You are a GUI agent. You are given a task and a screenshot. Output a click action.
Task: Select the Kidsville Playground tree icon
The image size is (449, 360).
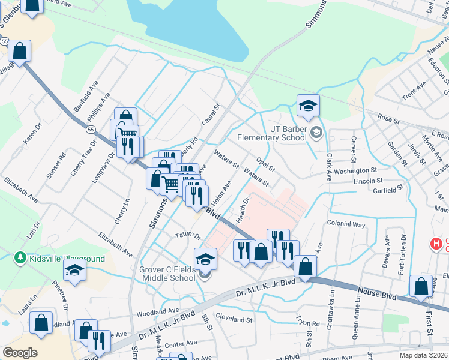click(x=20, y=258)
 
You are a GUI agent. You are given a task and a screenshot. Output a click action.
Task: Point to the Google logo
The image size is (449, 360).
click(x=20, y=352)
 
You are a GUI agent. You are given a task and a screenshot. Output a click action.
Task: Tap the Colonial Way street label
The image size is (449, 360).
click(x=346, y=224)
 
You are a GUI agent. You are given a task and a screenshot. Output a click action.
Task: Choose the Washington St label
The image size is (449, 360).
click(x=355, y=171)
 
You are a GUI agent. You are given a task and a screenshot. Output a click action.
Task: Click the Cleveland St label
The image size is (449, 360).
click(x=234, y=320)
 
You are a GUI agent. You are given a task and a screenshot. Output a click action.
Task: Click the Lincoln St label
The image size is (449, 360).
click(x=368, y=181)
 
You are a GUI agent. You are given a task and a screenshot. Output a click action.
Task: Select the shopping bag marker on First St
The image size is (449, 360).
click(x=421, y=287)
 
